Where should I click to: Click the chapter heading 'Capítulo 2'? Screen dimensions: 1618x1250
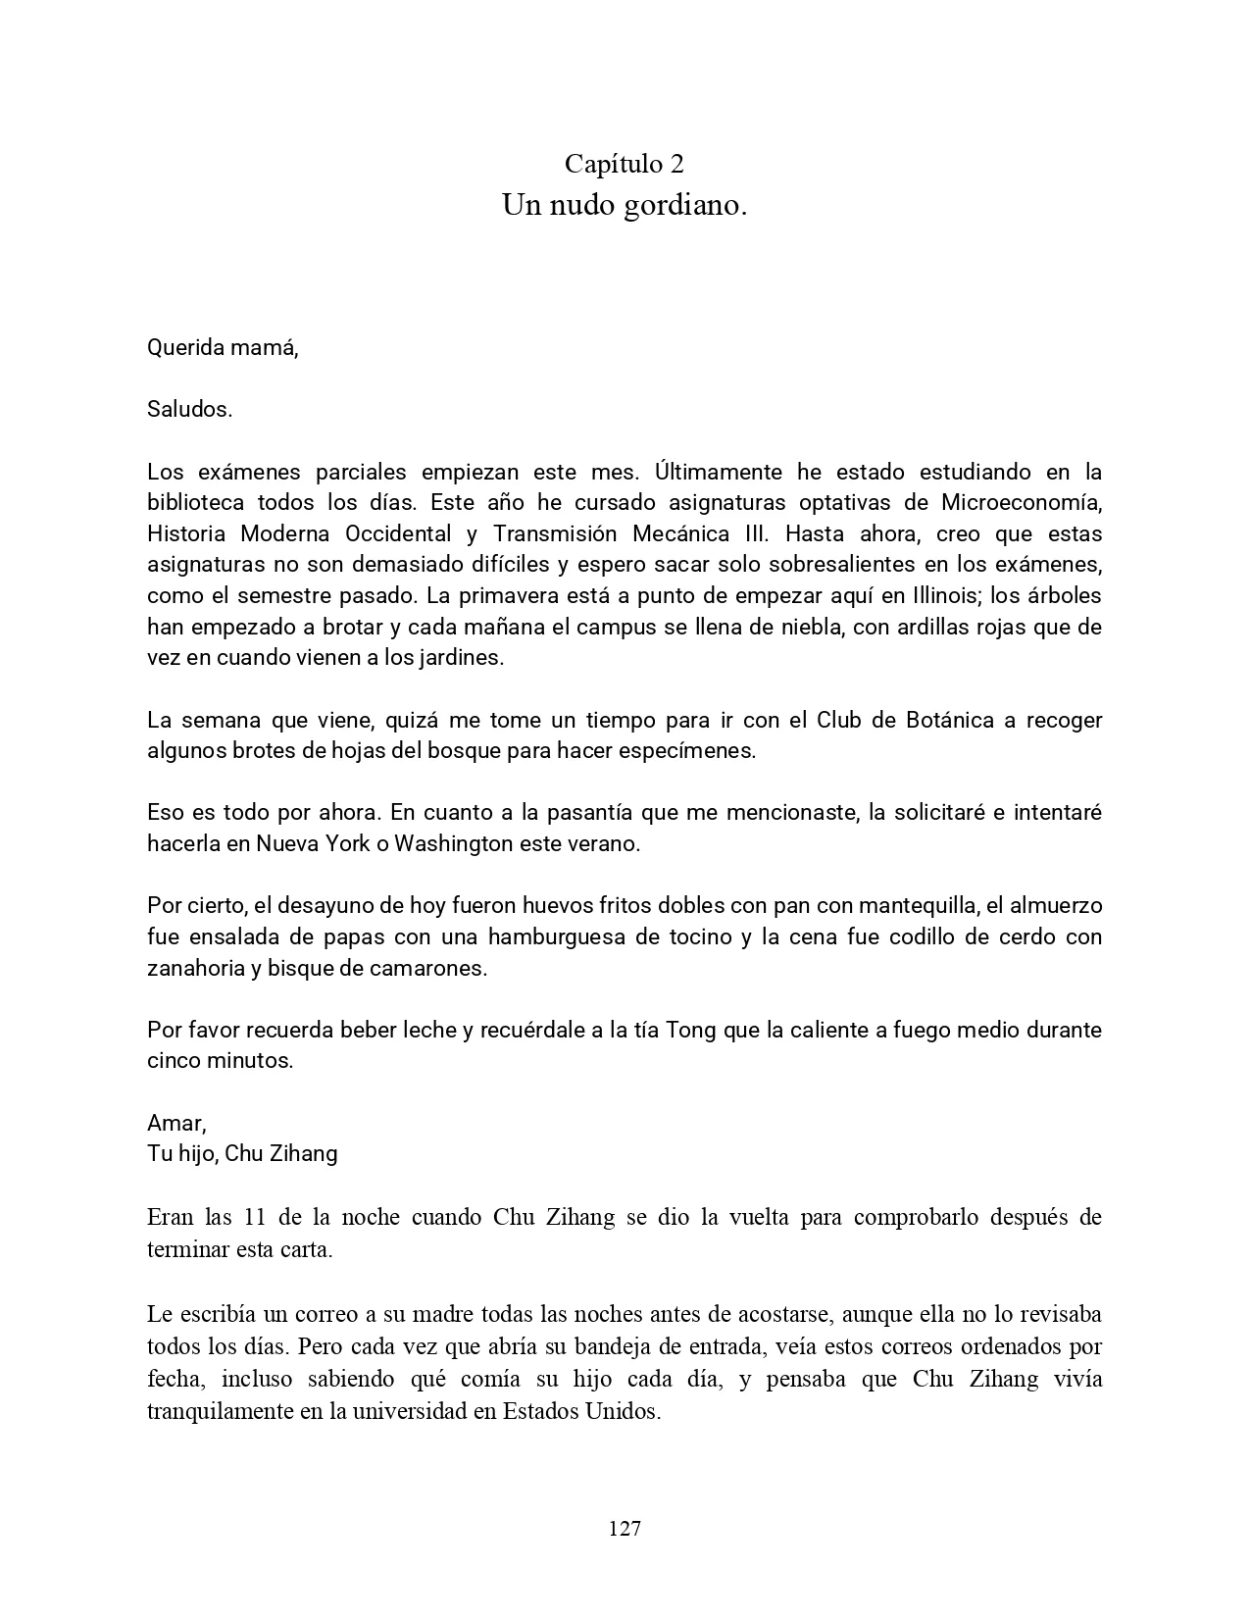(x=625, y=163)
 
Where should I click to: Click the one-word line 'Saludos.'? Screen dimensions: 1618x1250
(x=190, y=410)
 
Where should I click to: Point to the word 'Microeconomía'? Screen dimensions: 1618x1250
(x=1021, y=503)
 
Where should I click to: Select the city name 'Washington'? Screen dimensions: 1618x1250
(x=453, y=844)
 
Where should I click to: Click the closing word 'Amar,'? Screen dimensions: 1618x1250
(x=176, y=1123)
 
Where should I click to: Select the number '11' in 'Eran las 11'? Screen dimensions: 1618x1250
(x=249, y=1217)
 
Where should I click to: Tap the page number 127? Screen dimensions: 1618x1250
(x=625, y=1529)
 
